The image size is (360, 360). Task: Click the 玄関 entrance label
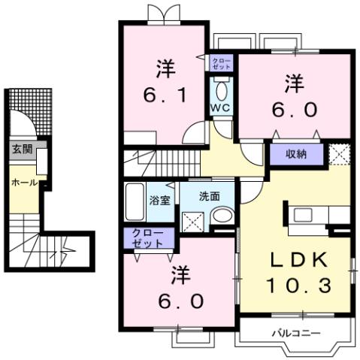coord(22,149)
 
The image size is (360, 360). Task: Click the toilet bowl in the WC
coord(221,89)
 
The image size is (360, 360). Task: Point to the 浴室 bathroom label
coord(159,201)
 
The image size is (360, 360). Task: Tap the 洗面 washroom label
coord(209,196)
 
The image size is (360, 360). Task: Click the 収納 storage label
coord(296,153)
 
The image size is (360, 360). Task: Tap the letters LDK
coord(298,260)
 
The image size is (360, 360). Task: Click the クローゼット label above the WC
coord(222,63)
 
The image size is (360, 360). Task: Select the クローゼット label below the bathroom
coord(147,238)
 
